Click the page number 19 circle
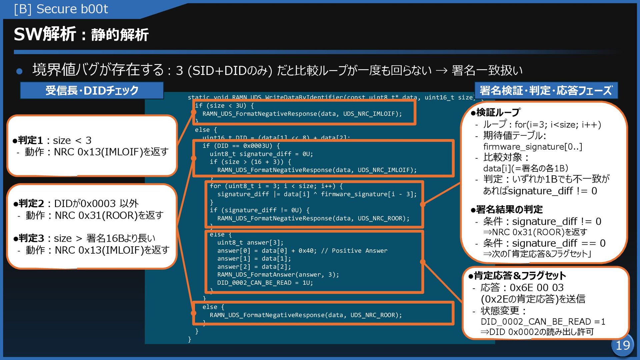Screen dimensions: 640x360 622,345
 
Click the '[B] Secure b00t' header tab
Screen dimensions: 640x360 61,9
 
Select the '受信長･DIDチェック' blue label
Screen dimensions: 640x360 92,90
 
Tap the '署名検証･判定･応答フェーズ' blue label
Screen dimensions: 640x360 546,90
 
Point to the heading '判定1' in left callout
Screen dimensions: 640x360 30,140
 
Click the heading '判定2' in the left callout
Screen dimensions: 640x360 31,203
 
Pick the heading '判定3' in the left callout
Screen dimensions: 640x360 31,238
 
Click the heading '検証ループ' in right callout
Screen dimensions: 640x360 498,113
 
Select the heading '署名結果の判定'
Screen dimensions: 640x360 509,209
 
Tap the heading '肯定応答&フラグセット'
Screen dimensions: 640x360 520,276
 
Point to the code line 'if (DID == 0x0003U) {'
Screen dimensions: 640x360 241,146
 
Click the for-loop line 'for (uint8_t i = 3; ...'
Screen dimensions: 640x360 276,186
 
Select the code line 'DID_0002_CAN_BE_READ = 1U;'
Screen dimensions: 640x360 265,283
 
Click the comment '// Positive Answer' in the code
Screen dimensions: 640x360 354,251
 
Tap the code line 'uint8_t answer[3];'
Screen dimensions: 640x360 250,243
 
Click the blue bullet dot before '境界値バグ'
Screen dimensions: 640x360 19,71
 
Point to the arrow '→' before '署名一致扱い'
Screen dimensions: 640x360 441,71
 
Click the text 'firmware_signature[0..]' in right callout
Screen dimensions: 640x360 532,147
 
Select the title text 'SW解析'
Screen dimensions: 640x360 45,34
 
